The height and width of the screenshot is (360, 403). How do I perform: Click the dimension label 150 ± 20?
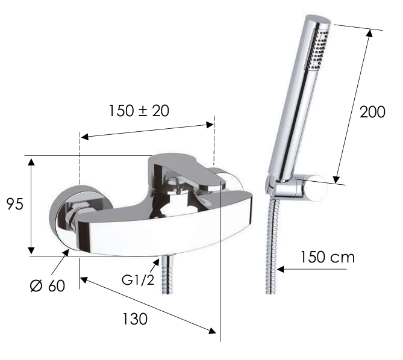click(139, 111)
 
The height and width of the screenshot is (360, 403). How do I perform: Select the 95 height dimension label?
click(14, 204)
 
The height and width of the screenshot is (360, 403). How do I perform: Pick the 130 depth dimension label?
click(134, 318)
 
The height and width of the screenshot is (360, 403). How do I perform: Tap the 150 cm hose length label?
click(327, 258)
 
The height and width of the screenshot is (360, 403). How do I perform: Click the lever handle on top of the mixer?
click(181, 171)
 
